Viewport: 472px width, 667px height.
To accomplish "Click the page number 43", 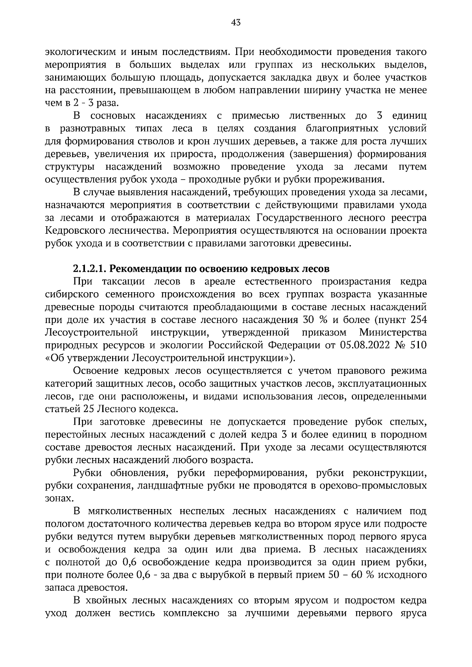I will [x=236, y=22].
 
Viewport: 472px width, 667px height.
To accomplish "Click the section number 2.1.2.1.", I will [x=89, y=269].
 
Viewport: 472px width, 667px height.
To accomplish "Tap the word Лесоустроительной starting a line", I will [x=91, y=333].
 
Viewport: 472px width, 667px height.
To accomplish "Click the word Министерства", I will [x=393, y=333].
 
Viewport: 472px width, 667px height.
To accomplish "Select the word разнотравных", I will [x=93, y=128].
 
